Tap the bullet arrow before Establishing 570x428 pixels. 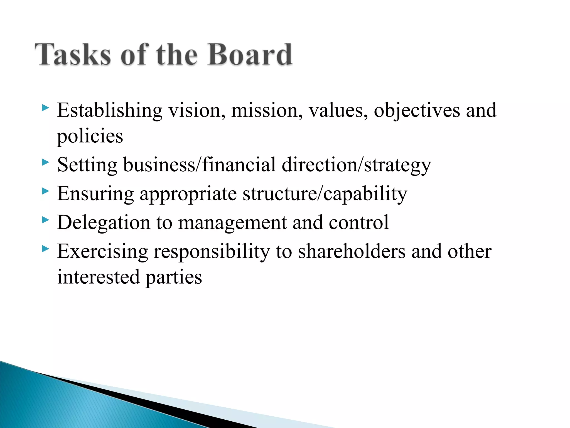pos(45,108)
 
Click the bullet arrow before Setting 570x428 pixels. pos(45,162)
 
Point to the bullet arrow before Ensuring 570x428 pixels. pos(45,191)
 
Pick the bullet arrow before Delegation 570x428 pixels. pos(45,220)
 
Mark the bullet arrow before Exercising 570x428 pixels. pos(45,249)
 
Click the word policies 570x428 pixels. pos(90,137)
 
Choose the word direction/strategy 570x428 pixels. pos(356,165)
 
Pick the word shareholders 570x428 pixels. pos(352,251)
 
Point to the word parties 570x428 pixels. pos(174,278)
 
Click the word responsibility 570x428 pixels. pos(212,252)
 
